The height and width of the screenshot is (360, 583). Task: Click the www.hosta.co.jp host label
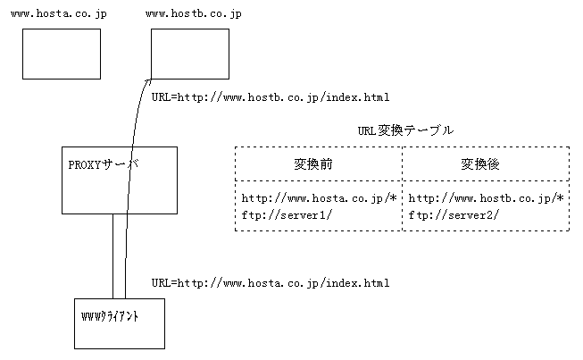tap(59, 15)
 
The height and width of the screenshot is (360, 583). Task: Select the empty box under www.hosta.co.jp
tap(62, 54)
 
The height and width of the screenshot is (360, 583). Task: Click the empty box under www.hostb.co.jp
tap(189, 54)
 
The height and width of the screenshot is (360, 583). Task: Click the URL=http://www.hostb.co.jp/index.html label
tap(270, 96)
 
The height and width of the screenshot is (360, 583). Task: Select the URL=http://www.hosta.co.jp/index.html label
tap(270, 283)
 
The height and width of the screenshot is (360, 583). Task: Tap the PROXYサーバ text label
tap(104, 165)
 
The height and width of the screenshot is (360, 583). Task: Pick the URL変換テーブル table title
tap(405, 130)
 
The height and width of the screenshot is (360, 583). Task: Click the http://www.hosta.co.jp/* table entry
tap(319, 197)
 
